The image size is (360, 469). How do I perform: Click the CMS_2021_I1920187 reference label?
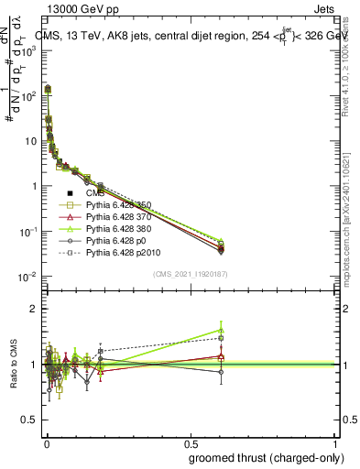coord(190,274)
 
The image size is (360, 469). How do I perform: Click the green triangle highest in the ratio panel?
coord(221,330)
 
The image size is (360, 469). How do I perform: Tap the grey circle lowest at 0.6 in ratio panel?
coord(221,372)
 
